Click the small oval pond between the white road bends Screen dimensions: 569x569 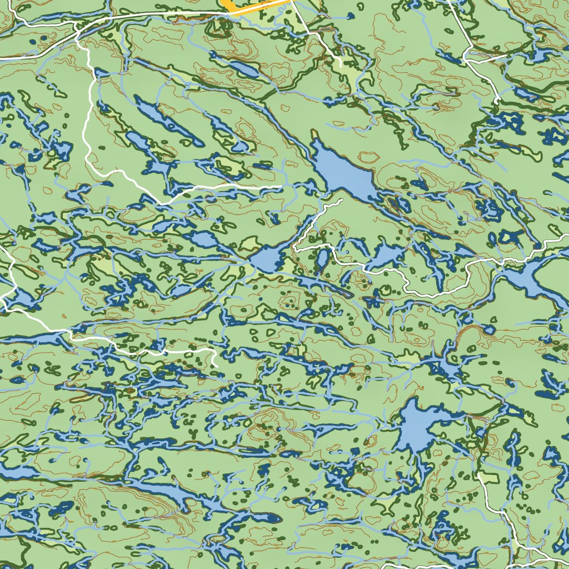tap(322, 258)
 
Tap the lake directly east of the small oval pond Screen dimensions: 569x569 tap(389, 256)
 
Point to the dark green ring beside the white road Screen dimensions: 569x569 tap(385, 290)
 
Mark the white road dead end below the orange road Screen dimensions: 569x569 tap(341, 66)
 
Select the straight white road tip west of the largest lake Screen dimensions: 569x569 tap(281, 187)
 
